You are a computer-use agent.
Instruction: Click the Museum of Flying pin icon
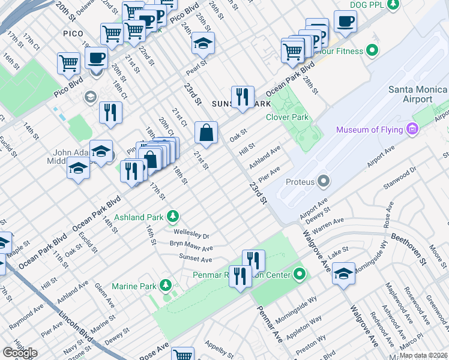412,130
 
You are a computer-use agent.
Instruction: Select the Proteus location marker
324,181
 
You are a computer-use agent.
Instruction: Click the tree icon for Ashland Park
173,215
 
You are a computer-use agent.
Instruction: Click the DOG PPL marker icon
393,5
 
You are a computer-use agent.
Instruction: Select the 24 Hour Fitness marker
372,50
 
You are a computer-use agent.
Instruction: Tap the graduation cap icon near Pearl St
203,43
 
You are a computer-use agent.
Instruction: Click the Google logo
19,353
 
